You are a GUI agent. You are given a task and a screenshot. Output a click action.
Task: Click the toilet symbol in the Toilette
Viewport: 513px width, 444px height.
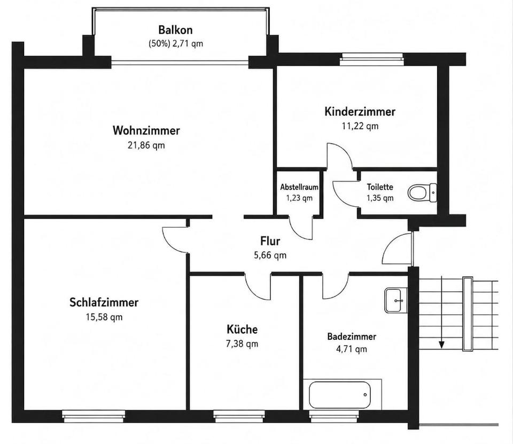coord(422,193)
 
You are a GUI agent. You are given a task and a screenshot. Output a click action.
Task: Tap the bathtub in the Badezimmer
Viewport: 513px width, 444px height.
coord(340,395)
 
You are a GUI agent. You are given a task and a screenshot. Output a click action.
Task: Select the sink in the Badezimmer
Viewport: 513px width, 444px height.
coord(396,300)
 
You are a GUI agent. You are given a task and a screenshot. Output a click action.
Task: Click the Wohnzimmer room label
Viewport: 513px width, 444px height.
coord(146,130)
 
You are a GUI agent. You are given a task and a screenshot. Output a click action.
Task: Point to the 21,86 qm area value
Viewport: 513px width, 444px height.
coord(146,145)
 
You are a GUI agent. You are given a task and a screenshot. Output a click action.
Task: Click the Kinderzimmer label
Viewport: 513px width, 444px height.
coord(360,112)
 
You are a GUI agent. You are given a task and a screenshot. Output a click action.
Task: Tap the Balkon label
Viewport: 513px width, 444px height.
coord(175,30)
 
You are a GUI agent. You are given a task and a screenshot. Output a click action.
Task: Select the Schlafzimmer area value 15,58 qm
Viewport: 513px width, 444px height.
coord(104,317)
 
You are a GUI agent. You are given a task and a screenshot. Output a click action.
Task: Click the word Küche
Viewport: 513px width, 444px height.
coord(242,329)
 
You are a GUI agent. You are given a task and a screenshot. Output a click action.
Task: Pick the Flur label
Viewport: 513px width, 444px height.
coord(270,241)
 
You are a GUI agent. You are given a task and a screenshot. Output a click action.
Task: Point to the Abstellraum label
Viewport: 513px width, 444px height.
coord(299,187)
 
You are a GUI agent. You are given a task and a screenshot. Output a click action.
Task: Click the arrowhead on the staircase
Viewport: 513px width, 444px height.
coord(442,345)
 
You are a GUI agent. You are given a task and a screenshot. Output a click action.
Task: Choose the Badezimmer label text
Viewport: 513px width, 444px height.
coord(352,337)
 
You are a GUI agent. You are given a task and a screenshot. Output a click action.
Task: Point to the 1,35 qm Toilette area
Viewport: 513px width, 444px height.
coord(380,198)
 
